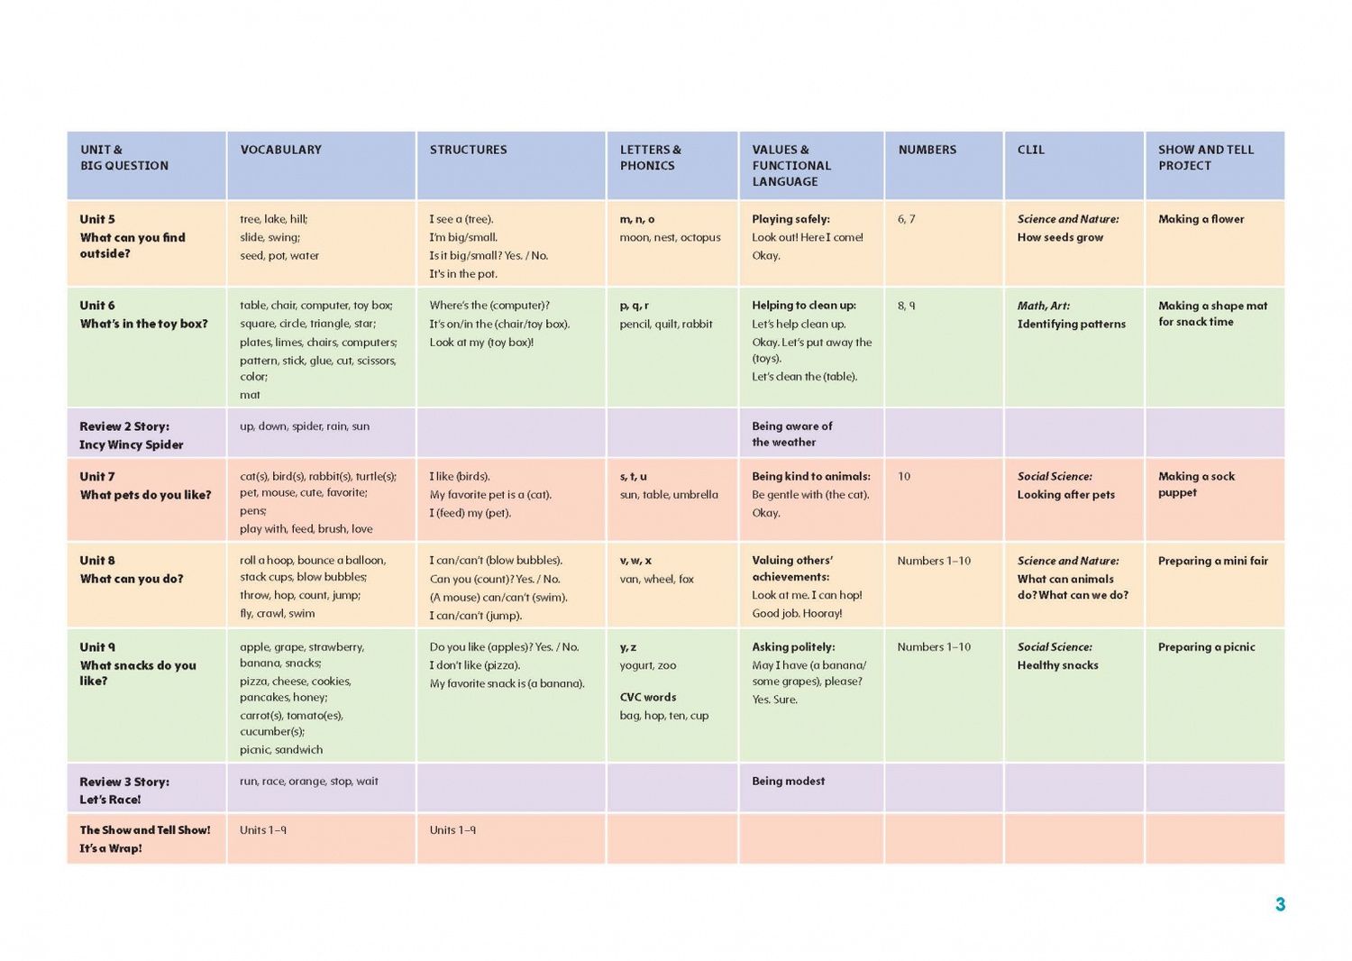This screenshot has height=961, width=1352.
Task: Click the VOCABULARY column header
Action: pyautogui.click(x=280, y=150)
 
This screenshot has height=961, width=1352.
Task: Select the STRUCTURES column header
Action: pyautogui.click(x=469, y=150)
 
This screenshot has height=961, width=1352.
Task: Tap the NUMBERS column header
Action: pyautogui.click(x=927, y=150)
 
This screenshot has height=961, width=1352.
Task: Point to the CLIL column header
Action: pyautogui.click(x=1031, y=150)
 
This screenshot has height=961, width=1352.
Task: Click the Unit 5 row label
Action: pyautogui.click(x=97, y=219)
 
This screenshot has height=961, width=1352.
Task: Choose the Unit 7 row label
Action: pyautogui.click(x=97, y=476)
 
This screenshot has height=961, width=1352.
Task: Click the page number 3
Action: pyautogui.click(x=1280, y=904)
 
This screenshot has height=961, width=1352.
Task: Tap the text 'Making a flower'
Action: pyautogui.click(x=1201, y=219)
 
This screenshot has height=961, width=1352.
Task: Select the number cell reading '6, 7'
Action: pyautogui.click(x=906, y=219)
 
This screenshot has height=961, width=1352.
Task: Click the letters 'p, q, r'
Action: pyautogui.click(x=634, y=306)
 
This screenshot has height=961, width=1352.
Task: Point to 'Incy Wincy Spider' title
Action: pyautogui.click(x=131, y=444)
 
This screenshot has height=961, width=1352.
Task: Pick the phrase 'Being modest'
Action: pyautogui.click(x=789, y=781)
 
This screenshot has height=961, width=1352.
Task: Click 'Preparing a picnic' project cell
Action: pyautogui.click(x=1207, y=647)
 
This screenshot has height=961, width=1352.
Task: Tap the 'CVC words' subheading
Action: pyautogui.click(x=648, y=697)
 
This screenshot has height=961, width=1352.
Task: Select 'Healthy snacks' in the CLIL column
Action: pyautogui.click(x=1057, y=665)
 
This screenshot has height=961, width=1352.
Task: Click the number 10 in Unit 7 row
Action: pyautogui.click(x=903, y=476)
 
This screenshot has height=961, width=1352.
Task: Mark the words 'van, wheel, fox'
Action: pyautogui.click(x=657, y=579)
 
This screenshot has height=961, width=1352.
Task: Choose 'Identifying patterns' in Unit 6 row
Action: pyautogui.click(x=1072, y=325)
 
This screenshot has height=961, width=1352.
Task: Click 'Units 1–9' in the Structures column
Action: pyautogui.click(x=452, y=830)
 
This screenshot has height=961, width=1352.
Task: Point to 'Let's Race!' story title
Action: pyautogui.click(x=110, y=800)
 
